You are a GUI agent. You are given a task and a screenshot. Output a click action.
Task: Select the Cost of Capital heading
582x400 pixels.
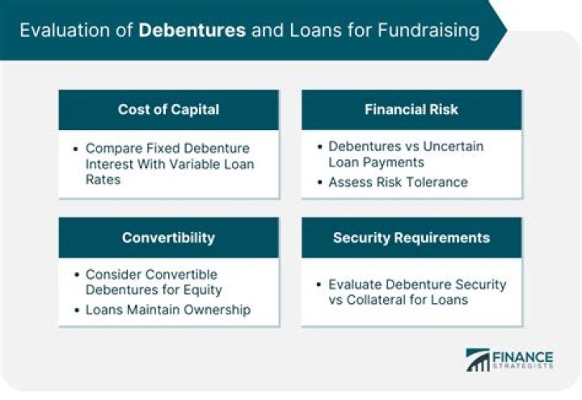[x=168, y=110]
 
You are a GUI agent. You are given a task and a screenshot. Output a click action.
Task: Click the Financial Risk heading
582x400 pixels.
[x=411, y=110]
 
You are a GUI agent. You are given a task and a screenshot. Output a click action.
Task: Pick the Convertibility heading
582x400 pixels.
[x=168, y=238]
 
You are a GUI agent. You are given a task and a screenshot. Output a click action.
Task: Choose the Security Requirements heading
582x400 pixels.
[x=411, y=238]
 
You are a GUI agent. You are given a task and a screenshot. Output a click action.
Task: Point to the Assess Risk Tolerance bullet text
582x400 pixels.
[x=398, y=183]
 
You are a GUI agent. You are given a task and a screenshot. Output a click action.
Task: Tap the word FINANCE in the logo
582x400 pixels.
[x=523, y=356]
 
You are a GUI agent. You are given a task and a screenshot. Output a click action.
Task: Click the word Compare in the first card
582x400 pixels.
[x=112, y=148]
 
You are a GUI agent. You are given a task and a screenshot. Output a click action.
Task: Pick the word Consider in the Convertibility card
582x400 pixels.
[x=113, y=275]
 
